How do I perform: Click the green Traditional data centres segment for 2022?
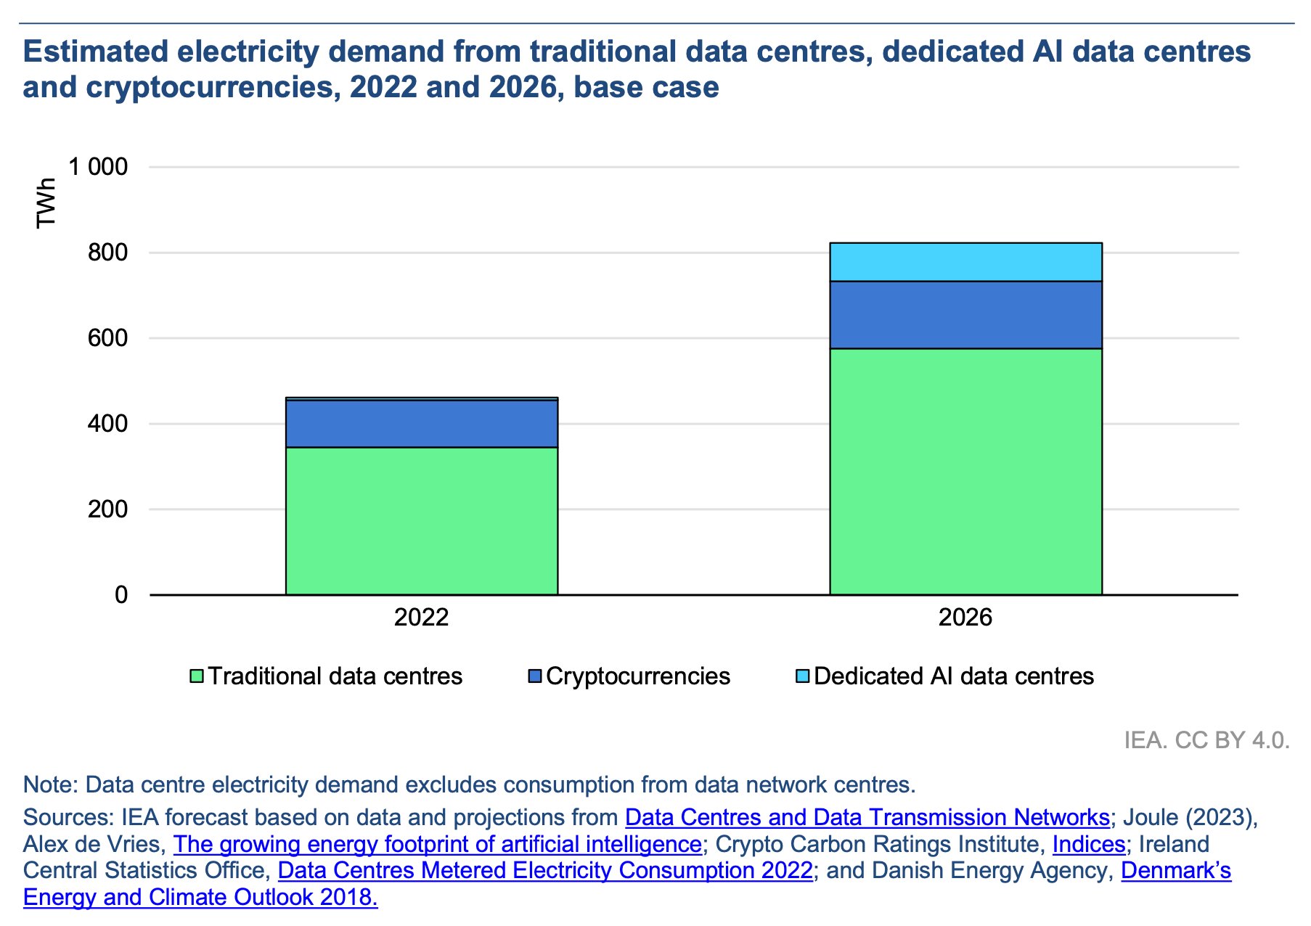[421, 520]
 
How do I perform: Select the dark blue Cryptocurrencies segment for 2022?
[421, 424]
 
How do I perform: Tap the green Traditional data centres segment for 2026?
[965, 472]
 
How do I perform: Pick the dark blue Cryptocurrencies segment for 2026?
[965, 315]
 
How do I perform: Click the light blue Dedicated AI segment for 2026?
[965, 262]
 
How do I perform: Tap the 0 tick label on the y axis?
[121, 595]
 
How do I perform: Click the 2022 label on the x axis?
[421, 618]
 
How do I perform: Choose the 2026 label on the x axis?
[965, 618]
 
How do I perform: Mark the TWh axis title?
[46, 202]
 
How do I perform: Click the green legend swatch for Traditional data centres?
[196, 676]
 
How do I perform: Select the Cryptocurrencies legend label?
[637, 676]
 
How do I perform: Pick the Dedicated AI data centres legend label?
[953, 676]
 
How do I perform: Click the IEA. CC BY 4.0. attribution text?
[1206, 740]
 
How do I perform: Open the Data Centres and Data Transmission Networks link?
[867, 818]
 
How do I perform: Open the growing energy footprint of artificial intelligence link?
[437, 844]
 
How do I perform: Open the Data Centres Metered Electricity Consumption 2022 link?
[544, 870]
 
